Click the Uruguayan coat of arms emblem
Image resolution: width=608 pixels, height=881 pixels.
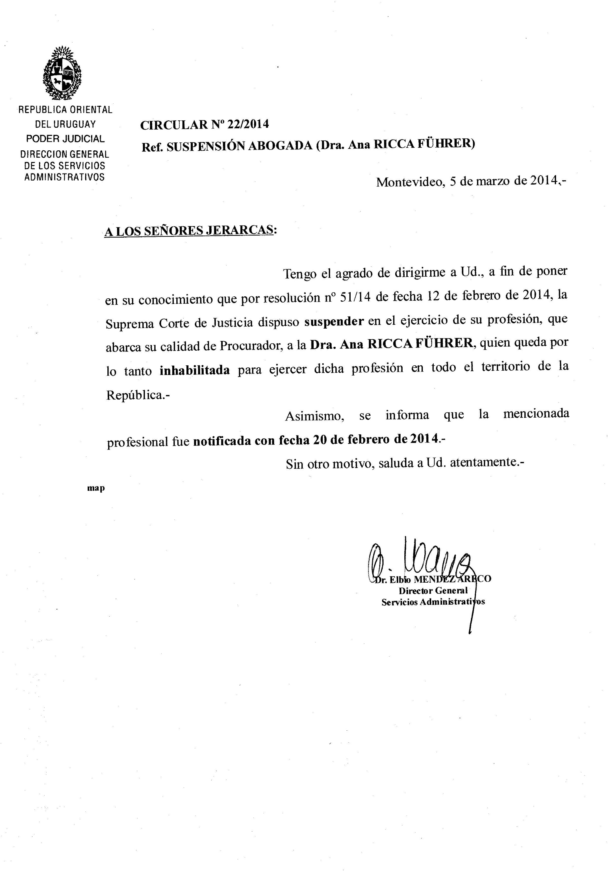(62, 73)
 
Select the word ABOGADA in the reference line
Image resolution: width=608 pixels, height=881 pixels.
(280, 146)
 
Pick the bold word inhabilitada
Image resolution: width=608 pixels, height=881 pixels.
(194, 370)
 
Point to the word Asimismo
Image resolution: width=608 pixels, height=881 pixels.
(315, 416)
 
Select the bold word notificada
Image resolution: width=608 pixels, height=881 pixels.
(222, 441)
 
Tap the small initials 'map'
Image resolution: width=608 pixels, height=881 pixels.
(96, 488)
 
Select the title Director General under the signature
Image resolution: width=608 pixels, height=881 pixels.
(433, 591)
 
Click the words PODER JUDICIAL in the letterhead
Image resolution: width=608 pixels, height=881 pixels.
(65, 139)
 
